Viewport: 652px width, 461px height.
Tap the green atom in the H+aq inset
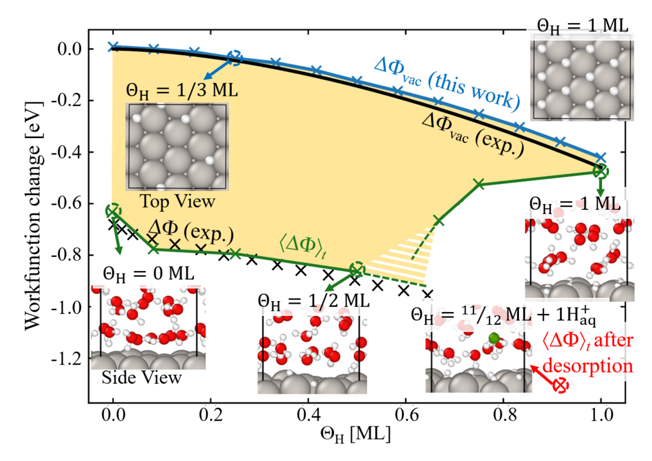pos(493,338)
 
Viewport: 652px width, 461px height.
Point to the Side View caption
pos(141,377)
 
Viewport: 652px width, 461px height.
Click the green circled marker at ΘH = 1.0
pos(600,171)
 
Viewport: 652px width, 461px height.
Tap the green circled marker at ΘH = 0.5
pos(357,269)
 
